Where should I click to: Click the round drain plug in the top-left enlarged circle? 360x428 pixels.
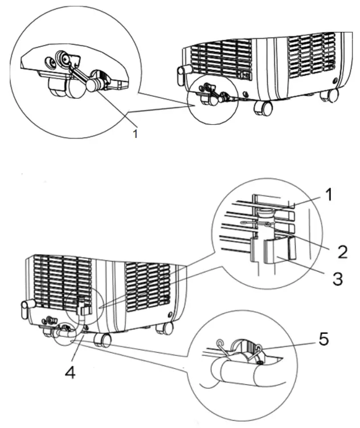coord(93,84)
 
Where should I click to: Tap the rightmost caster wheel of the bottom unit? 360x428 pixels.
coord(167,328)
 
